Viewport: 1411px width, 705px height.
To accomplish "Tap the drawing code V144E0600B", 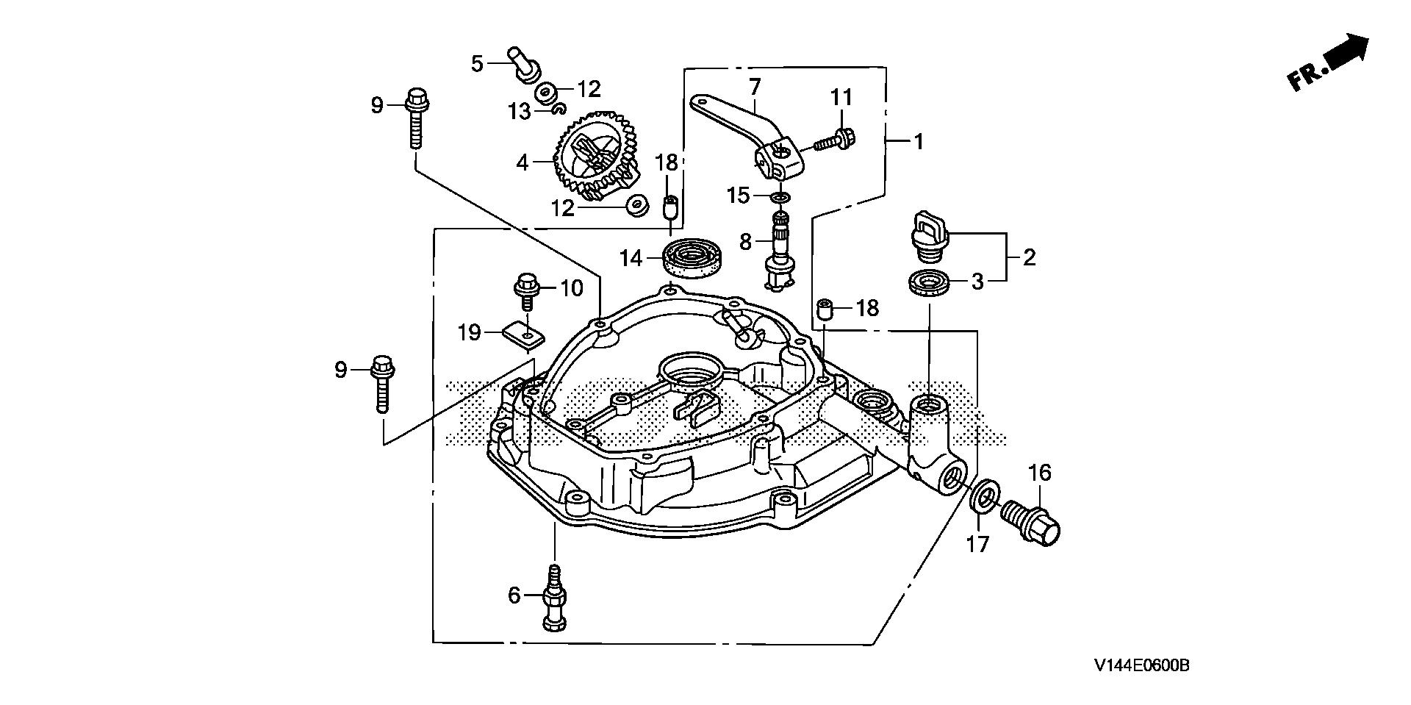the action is pos(1141,666).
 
